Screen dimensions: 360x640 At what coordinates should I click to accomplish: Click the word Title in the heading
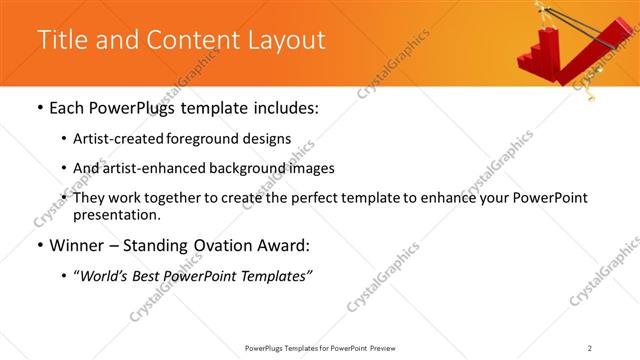click(60, 40)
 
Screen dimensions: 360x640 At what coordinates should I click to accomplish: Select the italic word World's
click(106, 276)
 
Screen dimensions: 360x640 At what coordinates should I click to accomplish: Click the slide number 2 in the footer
click(590, 347)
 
